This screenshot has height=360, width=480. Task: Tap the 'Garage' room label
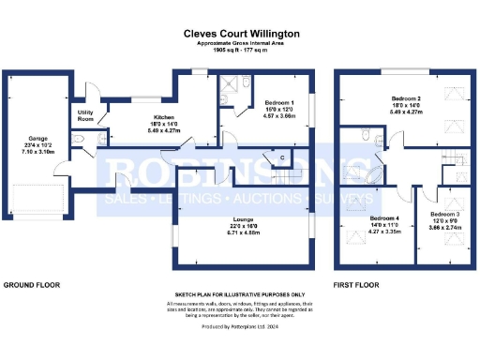(x=38, y=136)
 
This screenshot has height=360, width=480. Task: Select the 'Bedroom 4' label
(x=383, y=219)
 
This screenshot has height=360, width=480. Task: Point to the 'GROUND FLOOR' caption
(x=33, y=284)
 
